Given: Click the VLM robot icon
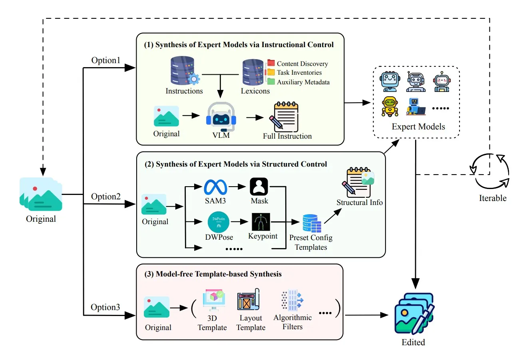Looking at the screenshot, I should pyautogui.click(x=221, y=117).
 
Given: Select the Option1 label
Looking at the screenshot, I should pyautogui.click(x=106, y=60).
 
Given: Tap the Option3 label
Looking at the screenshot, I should pyautogui.click(x=105, y=307).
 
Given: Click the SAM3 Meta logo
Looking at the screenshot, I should pyautogui.click(x=215, y=187).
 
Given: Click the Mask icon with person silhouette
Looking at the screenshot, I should pyautogui.click(x=259, y=187).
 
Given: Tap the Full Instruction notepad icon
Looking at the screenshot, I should pyautogui.click(x=284, y=117).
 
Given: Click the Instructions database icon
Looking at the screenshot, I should pyautogui.click(x=185, y=71).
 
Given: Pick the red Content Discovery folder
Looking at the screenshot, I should pyautogui.click(x=271, y=63).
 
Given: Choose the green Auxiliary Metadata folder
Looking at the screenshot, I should pyautogui.click(x=271, y=82).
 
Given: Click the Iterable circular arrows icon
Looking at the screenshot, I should pyautogui.click(x=490, y=171).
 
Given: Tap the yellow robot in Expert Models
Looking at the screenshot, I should pyautogui.click(x=390, y=106).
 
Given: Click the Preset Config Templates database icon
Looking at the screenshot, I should pyautogui.click(x=312, y=224).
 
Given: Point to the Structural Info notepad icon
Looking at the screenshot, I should pyautogui.click(x=358, y=182).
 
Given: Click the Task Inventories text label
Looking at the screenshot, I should pyautogui.click(x=299, y=73).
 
